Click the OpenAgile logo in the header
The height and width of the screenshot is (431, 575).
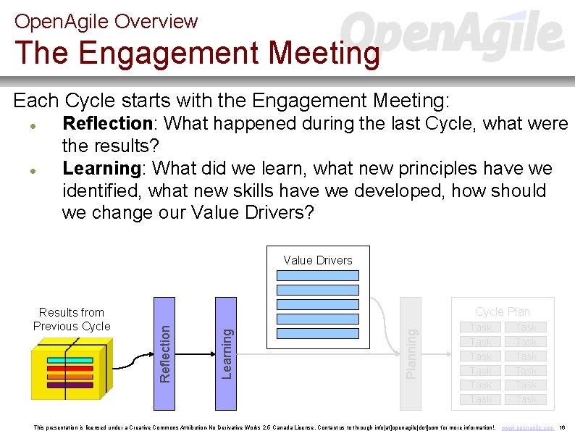point(453,33)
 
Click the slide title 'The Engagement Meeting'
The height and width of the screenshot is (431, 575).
point(197,54)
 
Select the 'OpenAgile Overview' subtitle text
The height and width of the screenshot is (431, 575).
point(106,21)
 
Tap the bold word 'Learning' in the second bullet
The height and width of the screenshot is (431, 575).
point(101,169)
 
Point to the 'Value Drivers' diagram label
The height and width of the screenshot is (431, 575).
point(318,260)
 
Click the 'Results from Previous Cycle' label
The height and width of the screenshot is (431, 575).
point(72,319)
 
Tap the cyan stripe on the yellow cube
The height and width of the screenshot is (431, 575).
point(70,360)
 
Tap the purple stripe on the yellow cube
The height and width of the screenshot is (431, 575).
point(70,385)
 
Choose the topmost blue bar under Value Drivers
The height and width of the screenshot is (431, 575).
point(318,275)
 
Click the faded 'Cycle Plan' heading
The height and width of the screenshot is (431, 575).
point(503,311)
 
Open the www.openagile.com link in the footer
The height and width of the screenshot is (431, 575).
point(527,427)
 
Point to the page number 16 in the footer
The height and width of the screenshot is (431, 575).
point(563,427)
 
